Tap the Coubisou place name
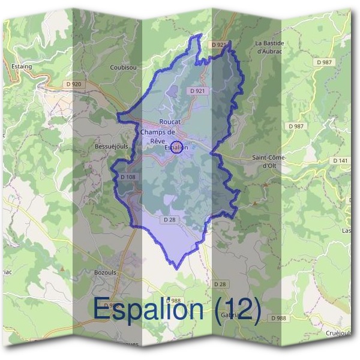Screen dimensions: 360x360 [122, 67]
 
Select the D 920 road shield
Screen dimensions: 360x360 [72, 84]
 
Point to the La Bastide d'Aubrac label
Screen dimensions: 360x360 [269, 47]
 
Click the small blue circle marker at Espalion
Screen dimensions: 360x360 [176, 147]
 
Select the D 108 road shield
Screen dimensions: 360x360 [128, 177]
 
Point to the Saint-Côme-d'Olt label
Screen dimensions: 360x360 [269, 161]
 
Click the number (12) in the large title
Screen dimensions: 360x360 [234, 310]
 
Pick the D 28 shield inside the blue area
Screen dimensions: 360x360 [170, 220]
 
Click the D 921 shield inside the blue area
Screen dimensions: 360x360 [196, 91]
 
